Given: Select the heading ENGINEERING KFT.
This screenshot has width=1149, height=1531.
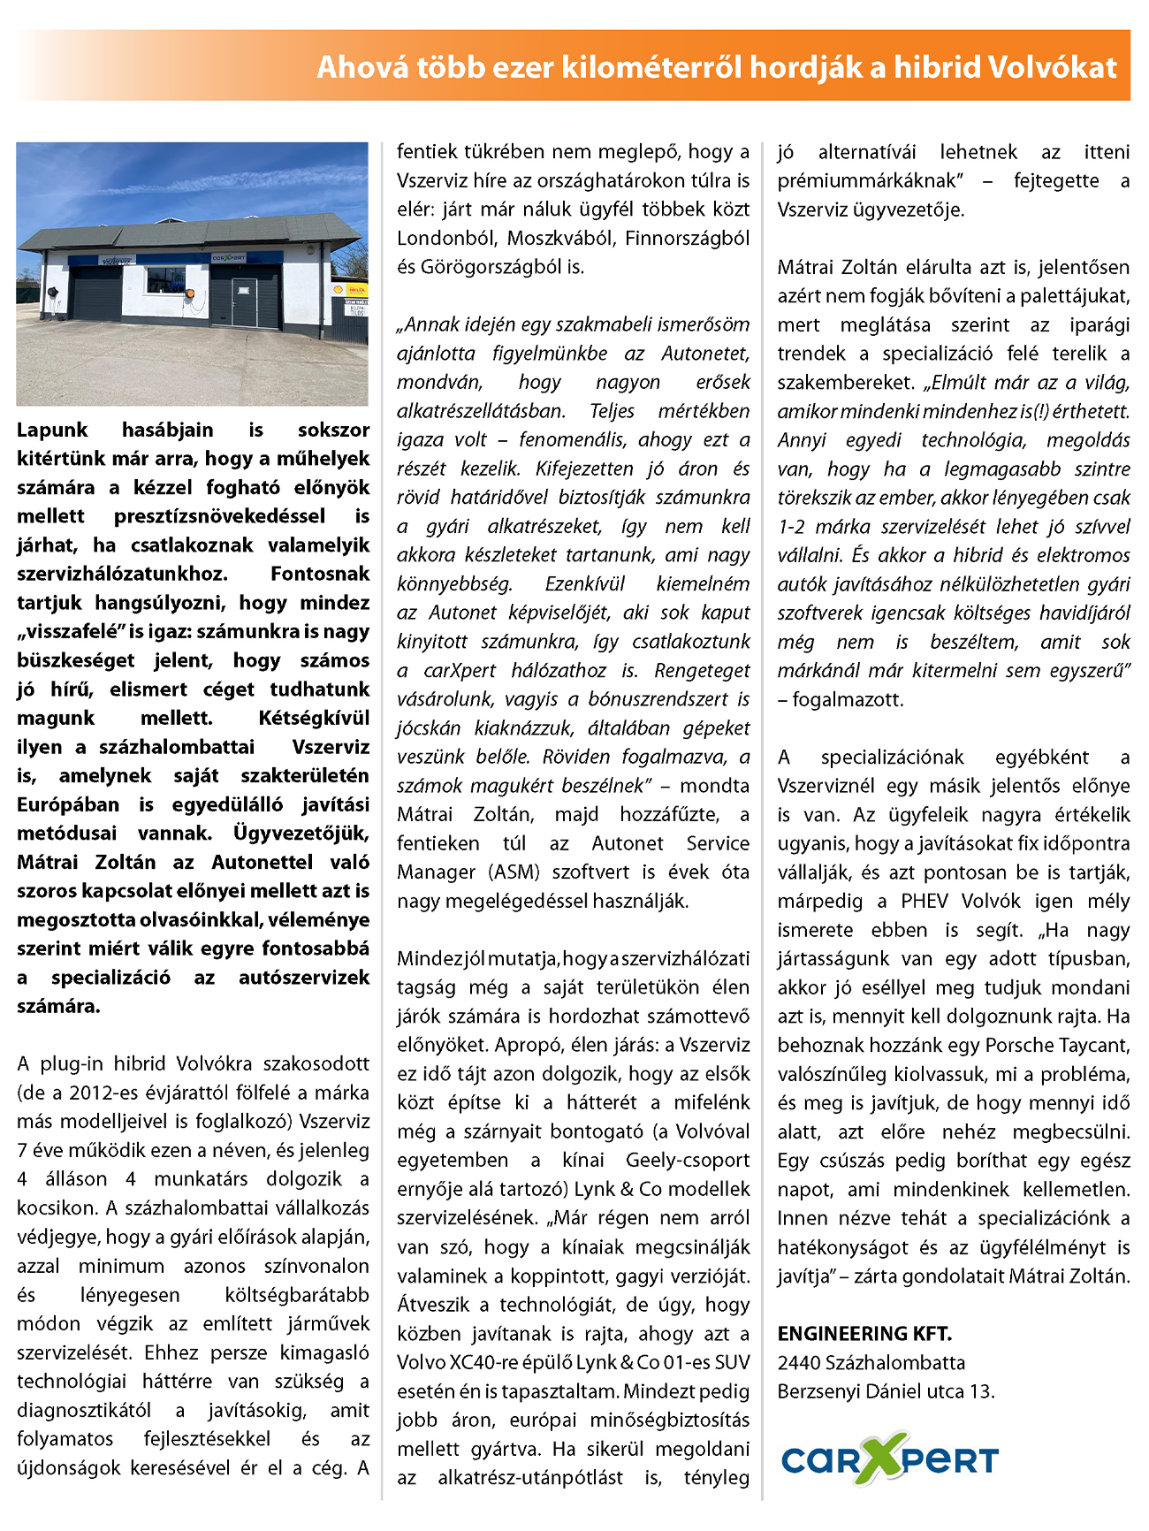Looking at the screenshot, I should coord(864,1333).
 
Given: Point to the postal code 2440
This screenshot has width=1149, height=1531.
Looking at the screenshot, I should coord(797,1362).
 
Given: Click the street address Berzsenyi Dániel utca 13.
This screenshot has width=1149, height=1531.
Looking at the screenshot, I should coord(886,1391).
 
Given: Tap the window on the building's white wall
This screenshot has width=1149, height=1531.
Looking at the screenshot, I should coord(165,279).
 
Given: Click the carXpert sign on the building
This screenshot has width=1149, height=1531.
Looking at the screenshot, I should coord(229,258).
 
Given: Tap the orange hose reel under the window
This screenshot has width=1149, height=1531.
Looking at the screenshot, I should coord(188,293).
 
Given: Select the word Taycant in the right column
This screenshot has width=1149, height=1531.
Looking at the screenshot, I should coord(1092,1045).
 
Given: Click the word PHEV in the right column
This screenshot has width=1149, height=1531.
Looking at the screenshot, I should coord(925,901).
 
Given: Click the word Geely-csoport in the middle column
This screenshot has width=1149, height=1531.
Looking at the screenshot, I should coord(687,1160).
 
